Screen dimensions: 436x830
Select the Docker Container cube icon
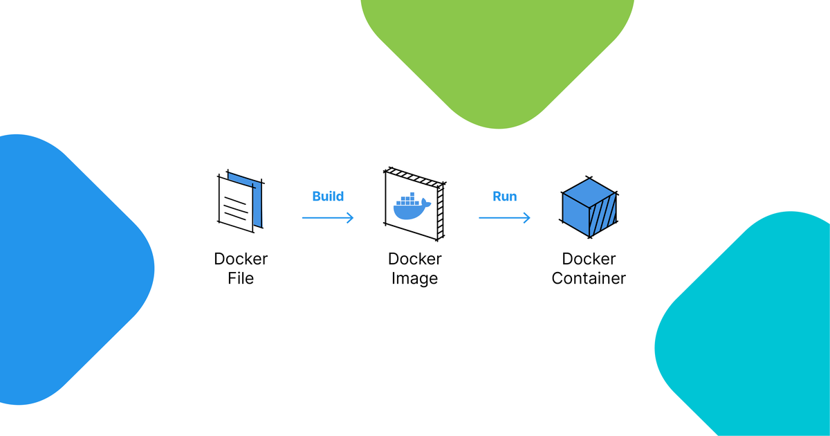[589, 206]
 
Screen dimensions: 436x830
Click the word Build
[328, 197]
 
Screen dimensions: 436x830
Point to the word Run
[504, 197]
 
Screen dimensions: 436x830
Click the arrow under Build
[328, 218]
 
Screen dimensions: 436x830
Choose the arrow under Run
[504, 218]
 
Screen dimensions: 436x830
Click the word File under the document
[241, 279]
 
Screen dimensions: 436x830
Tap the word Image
[414, 279]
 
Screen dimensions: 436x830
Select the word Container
[589, 279]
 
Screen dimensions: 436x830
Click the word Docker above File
[241, 259]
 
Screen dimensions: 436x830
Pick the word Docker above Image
[414, 259]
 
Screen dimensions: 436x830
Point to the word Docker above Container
[589, 259]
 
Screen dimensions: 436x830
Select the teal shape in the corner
[754, 332]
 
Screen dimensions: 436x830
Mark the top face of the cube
[589, 190]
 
